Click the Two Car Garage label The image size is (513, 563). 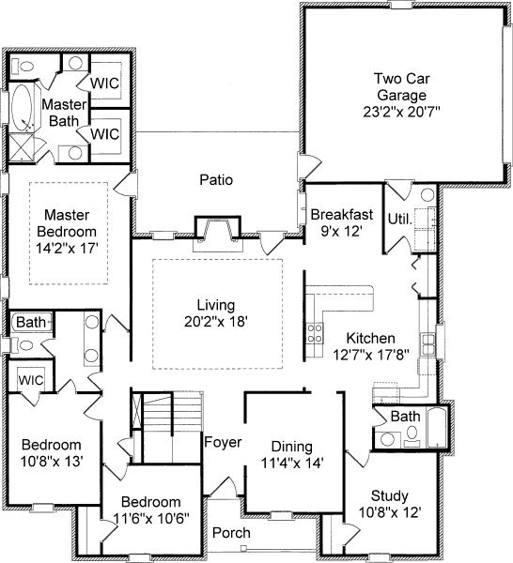[402, 87]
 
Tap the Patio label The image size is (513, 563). [216, 179]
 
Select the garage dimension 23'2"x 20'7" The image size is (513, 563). [402, 112]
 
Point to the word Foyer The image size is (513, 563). [223, 442]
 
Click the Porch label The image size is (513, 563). [231, 532]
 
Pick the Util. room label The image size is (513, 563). [399, 219]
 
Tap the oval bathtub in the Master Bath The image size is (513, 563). [23, 107]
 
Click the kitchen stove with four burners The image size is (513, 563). [315, 333]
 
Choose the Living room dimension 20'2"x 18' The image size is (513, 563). [216, 321]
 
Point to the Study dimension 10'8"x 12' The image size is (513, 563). [390, 512]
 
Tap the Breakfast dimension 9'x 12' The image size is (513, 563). [341, 231]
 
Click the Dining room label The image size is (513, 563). [291, 447]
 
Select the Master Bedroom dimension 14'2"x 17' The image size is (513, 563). [67, 248]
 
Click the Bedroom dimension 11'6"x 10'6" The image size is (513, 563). [151, 518]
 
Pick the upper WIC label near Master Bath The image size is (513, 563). [104, 84]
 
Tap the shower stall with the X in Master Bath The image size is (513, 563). [21, 147]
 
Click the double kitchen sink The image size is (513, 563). [427, 344]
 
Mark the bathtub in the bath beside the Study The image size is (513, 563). [437, 427]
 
